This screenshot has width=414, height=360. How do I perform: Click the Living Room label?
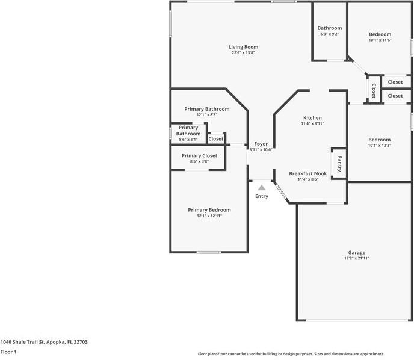coord(243,47)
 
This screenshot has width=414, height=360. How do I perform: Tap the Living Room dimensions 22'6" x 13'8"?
coord(243,53)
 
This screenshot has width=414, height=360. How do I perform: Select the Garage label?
coord(356,253)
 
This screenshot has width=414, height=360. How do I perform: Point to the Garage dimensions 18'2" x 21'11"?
coord(356,258)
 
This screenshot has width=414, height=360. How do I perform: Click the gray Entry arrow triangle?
coord(262,188)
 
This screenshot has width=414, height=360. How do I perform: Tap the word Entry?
coord(262,196)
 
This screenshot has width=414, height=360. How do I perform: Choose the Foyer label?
coord(261,144)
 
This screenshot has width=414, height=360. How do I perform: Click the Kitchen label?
coord(312,118)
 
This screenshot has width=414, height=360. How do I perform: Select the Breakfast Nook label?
coord(307,173)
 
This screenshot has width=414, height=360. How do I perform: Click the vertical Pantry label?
coord(339,164)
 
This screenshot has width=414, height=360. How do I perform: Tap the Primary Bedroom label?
coord(209,210)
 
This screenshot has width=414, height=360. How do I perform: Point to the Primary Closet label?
coord(199,155)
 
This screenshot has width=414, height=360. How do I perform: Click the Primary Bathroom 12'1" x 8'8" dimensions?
coord(206,115)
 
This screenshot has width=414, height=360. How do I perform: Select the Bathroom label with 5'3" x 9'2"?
coord(330,28)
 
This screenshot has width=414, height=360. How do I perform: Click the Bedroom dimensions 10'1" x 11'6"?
coord(380,40)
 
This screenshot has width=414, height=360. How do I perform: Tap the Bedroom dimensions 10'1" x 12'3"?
coord(380,146)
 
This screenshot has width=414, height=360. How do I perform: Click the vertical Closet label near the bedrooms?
coord(374,90)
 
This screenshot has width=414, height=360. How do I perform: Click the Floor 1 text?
coord(8,352)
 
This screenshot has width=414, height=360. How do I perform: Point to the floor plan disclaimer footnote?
coord(291,354)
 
